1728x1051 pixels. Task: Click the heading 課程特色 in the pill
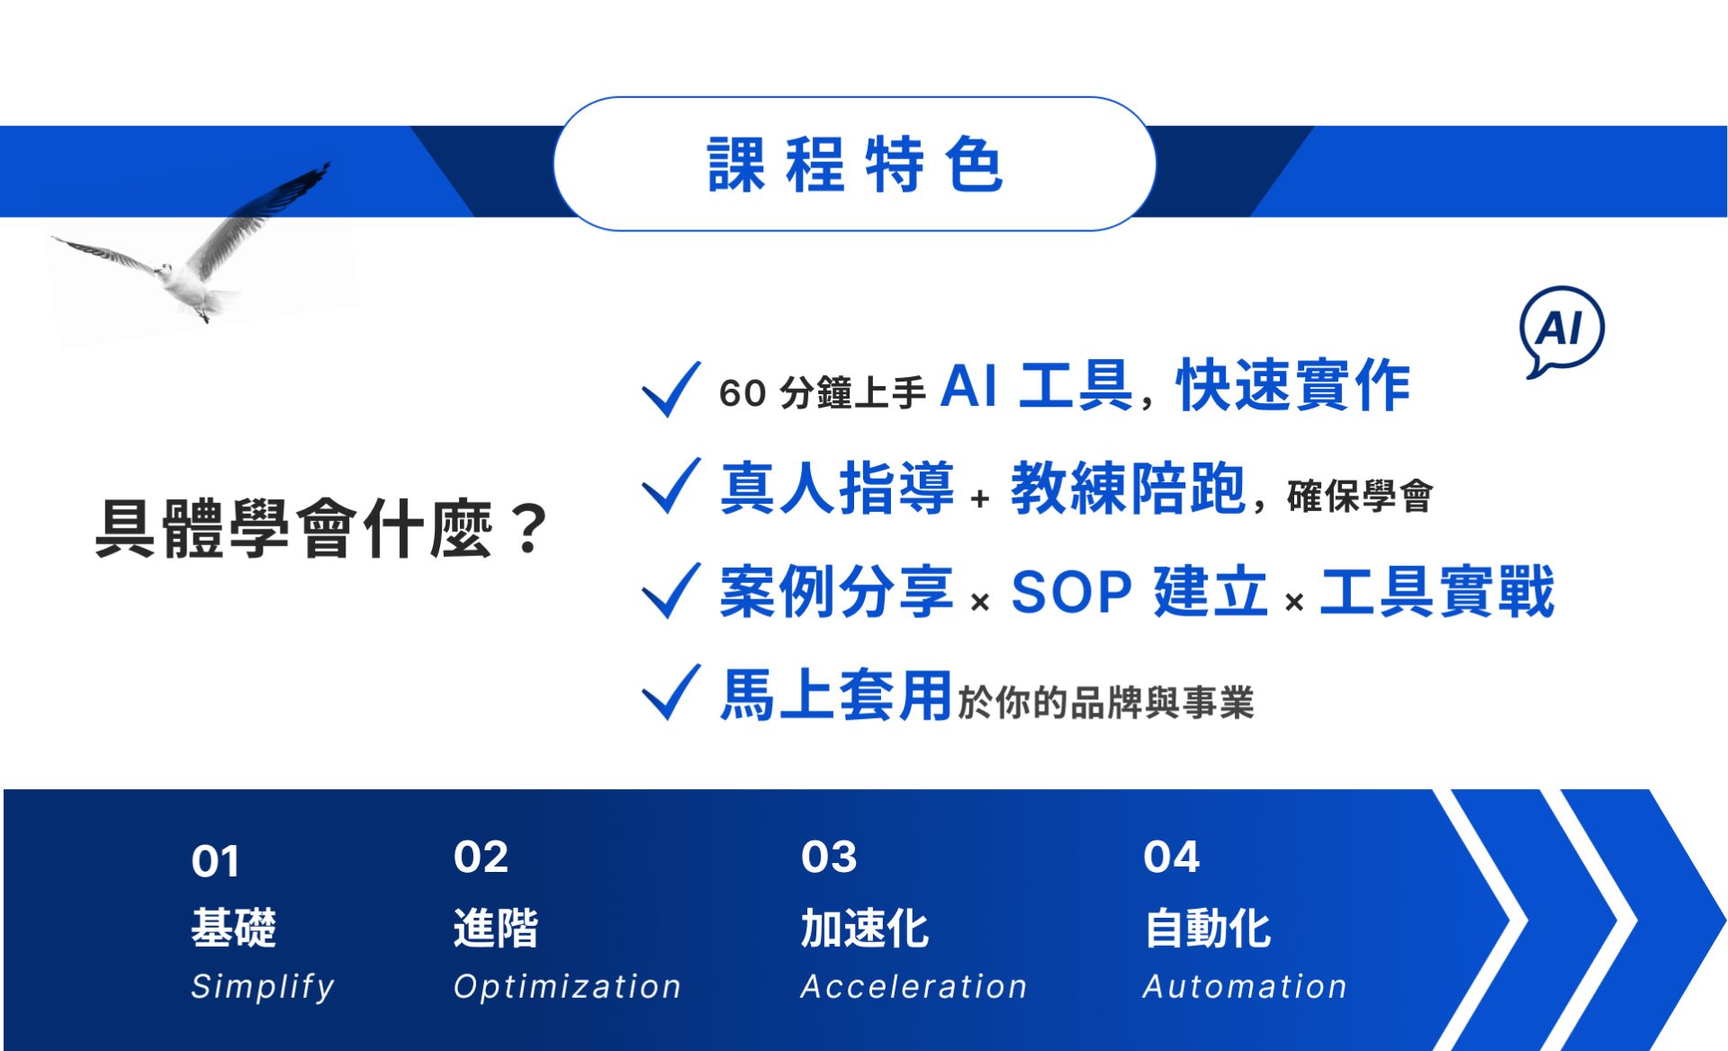pos(855,165)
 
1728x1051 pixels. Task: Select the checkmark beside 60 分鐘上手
pos(671,389)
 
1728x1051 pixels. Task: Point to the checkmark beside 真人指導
pos(671,486)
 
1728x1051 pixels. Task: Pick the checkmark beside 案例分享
pos(671,590)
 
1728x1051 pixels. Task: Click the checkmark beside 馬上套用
pos(671,693)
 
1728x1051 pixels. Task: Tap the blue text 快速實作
pos(1293,385)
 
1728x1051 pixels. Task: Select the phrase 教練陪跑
pos(1128,488)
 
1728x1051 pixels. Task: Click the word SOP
pos(1071,592)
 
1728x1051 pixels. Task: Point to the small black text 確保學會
pos(1360,496)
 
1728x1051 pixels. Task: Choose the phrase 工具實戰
pos(1437,591)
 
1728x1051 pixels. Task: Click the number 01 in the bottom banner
pos(215,862)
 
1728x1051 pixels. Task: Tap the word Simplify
pos(263,987)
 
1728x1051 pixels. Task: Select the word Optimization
pos(567,987)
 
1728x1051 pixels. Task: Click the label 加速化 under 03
pos(865,929)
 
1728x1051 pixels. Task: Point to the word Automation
pos(1245,987)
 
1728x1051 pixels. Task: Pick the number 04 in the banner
pos(1171,857)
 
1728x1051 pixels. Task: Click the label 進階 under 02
pos(496,929)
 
